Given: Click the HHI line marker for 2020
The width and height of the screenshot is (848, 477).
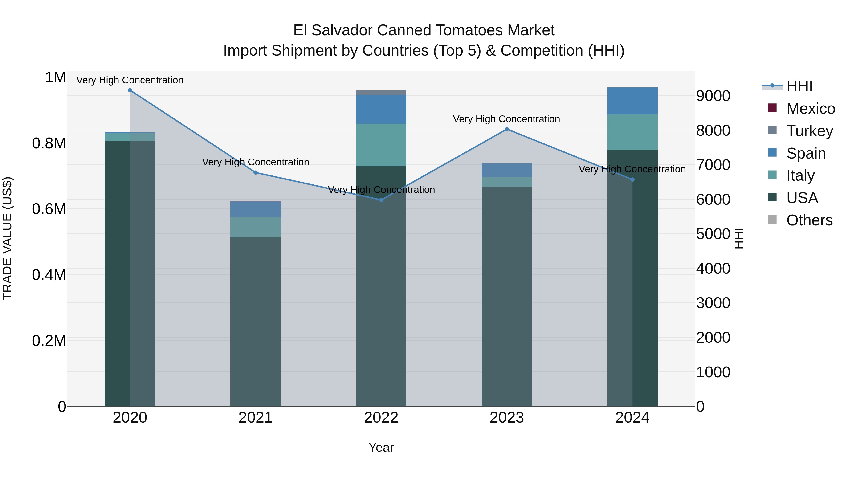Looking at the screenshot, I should (130, 90).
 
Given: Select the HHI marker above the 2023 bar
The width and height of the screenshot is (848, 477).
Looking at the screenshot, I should (507, 129).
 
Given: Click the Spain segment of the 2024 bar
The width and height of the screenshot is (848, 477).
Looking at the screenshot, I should (632, 101).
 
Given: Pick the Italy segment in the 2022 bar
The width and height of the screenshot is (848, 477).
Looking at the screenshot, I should (381, 145).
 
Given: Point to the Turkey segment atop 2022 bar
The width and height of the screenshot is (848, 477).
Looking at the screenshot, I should (381, 93).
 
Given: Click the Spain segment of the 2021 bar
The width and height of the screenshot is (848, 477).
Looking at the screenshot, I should (255, 209).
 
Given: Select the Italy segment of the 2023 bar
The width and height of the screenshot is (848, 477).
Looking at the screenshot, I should (507, 182).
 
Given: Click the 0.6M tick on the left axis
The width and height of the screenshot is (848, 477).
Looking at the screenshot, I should (49, 209).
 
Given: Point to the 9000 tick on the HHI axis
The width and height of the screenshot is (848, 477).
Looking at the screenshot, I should (713, 96).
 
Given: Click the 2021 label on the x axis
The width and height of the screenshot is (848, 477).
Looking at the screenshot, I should (255, 418).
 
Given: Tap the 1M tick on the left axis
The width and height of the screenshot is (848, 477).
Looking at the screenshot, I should (55, 78).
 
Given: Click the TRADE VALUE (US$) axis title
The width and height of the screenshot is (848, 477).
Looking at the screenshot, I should (7, 238).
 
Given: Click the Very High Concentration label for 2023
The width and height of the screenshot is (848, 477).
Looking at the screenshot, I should (506, 119).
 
